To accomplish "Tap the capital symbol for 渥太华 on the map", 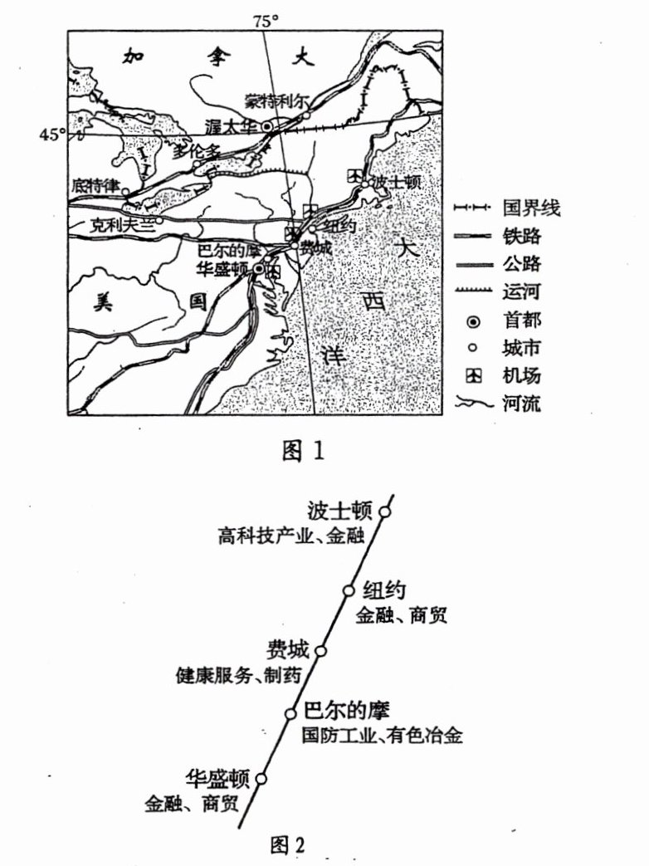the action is click(x=267, y=126).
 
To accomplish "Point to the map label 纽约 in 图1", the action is click(x=339, y=225).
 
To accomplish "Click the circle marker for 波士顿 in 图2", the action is click(x=383, y=511).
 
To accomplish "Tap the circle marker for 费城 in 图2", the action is click(x=320, y=650).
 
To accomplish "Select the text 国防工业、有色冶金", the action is click(x=382, y=735).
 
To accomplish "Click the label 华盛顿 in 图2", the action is click(x=217, y=780).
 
